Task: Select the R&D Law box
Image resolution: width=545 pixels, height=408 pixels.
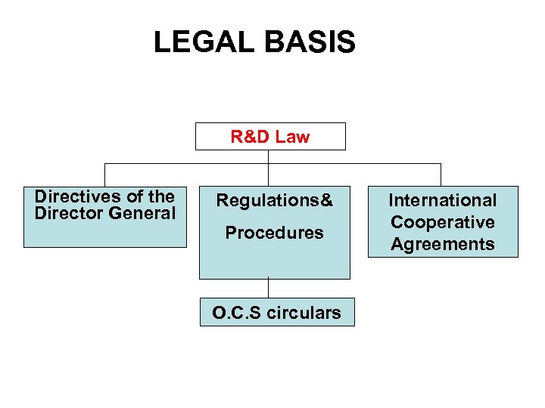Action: pos(270,137)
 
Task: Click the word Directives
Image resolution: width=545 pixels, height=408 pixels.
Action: pos(73,196)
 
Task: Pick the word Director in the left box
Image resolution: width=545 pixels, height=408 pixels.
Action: pos(69,213)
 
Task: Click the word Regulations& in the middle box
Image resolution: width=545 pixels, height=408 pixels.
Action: pos(274,201)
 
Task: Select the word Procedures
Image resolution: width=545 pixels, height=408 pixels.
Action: pos(274,233)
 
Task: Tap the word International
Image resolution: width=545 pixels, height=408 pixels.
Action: pos(443,200)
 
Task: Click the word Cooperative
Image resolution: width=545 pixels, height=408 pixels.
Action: pos(443,222)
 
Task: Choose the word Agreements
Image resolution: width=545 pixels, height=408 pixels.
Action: pos(443,244)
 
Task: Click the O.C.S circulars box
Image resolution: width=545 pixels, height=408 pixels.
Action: pos(276,312)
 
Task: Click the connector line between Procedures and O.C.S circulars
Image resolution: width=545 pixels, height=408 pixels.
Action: pos(269,289)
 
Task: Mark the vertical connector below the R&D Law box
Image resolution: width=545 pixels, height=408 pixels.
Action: pos(269,156)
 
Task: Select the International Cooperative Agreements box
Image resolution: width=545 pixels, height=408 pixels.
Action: pos(443,221)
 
